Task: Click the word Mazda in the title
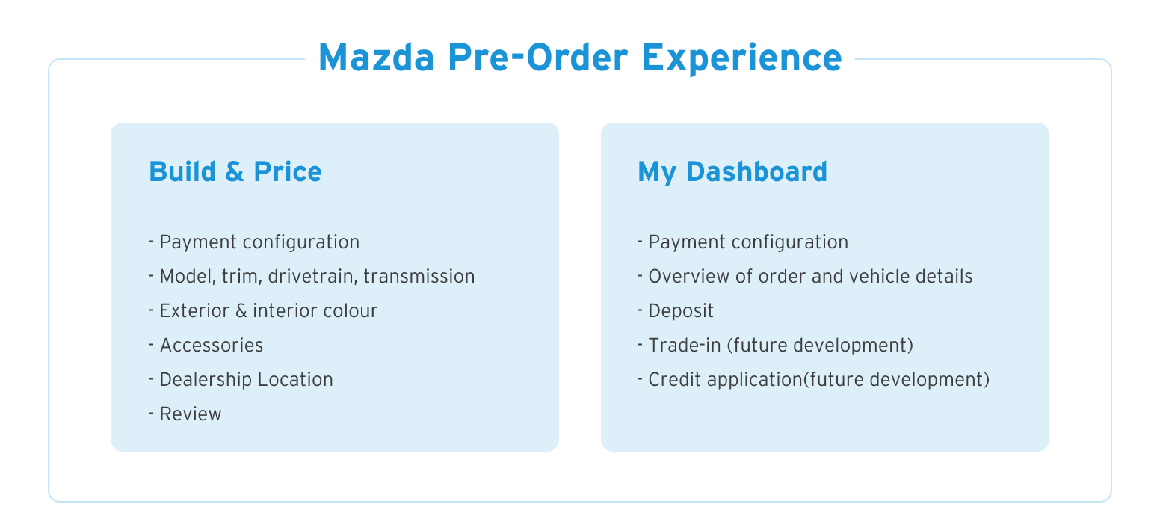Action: tap(377, 58)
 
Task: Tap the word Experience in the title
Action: tap(741, 59)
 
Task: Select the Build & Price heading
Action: tap(235, 171)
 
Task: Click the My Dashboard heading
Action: tap(732, 173)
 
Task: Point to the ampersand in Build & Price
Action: tap(235, 171)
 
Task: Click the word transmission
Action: tap(419, 276)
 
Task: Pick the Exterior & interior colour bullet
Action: tap(263, 311)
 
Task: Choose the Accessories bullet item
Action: tap(206, 345)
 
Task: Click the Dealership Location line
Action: tap(241, 380)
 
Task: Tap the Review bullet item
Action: tap(185, 414)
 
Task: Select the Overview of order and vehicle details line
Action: tap(805, 276)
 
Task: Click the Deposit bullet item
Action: tap(675, 311)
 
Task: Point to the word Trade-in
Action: tap(685, 345)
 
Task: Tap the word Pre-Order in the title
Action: tap(538, 58)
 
